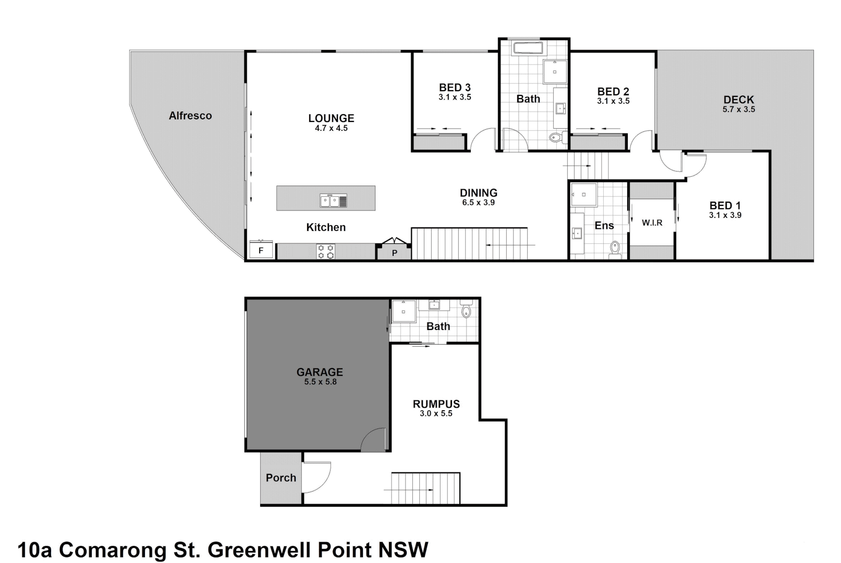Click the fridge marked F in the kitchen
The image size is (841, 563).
click(x=261, y=250)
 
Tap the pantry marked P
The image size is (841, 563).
click(x=395, y=253)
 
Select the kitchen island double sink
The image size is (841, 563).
click(x=333, y=200)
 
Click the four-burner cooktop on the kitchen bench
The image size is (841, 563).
click(x=326, y=252)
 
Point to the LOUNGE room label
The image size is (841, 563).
click(x=331, y=118)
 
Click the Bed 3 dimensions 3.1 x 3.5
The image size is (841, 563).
click(x=455, y=97)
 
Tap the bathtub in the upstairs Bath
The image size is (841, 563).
click(x=529, y=48)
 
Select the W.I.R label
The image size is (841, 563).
click(x=652, y=223)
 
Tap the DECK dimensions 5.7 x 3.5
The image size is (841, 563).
click(x=738, y=109)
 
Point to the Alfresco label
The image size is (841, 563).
click(x=190, y=116)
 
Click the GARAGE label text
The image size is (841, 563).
click(x=320, y=372)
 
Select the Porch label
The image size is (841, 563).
click(x=281, y=478)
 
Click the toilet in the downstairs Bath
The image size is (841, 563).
click(x=466, y=311)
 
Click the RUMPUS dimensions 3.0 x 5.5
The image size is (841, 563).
click(x=436, y=414)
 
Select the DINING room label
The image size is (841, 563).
click(x=478, y=193)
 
